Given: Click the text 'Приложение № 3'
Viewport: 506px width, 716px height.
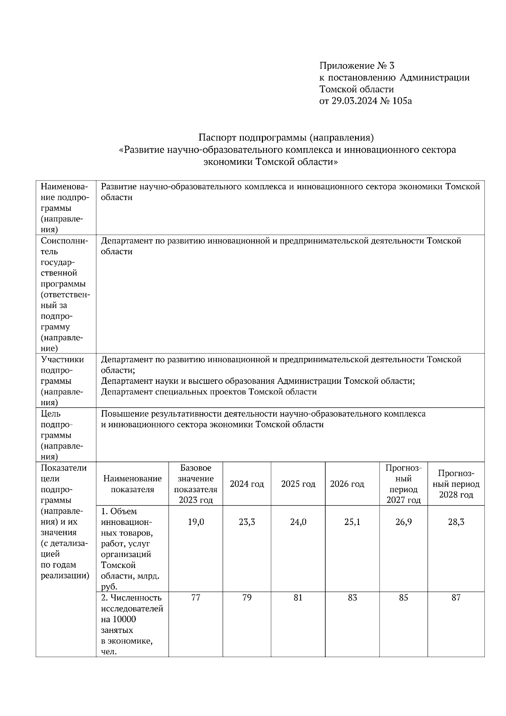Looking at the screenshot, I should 357,66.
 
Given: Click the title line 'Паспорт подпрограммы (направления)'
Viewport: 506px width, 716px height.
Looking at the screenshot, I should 286,137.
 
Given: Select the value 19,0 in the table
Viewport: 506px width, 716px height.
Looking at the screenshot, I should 196,522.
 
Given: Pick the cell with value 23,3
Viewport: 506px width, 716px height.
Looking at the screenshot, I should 247,522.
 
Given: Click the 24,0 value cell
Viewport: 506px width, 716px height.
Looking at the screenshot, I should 298,522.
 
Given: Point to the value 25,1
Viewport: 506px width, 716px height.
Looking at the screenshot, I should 352,522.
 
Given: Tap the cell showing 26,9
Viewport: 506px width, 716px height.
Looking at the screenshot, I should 404,522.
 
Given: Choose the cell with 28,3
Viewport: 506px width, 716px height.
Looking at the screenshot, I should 456,522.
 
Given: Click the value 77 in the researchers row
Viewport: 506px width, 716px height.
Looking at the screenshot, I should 196,598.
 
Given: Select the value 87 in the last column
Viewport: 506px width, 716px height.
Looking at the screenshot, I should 456,598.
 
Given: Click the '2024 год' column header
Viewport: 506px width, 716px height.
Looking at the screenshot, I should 247,484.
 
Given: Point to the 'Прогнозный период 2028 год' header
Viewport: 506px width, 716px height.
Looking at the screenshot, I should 456,484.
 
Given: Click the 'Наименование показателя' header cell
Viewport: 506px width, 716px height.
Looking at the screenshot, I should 132,484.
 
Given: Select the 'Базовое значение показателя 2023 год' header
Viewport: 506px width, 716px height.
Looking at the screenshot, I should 196,484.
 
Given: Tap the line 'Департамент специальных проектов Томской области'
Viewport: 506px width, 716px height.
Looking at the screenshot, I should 209,392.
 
